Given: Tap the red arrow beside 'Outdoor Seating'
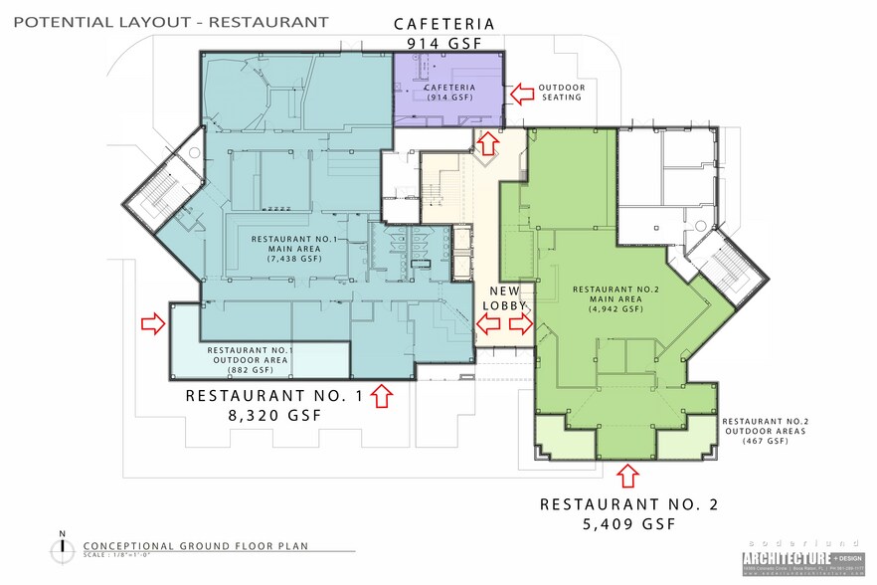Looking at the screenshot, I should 520,95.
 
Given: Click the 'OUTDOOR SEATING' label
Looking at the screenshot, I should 562,93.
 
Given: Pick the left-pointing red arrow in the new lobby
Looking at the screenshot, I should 487,323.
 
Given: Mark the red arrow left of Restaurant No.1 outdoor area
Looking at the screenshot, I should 153,323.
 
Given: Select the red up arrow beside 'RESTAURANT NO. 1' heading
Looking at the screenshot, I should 381,397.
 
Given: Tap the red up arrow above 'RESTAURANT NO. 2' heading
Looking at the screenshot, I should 627,473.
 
